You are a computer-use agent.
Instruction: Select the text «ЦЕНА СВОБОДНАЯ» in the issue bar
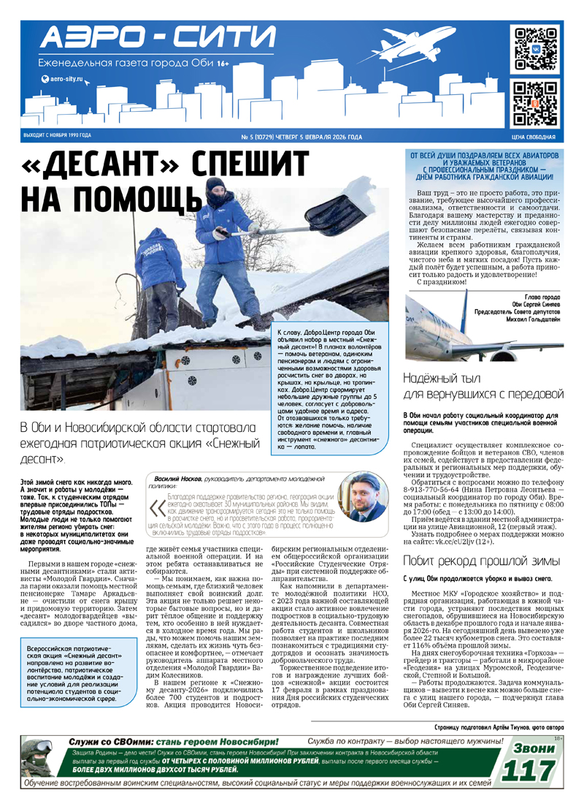click(x=534, y=137)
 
